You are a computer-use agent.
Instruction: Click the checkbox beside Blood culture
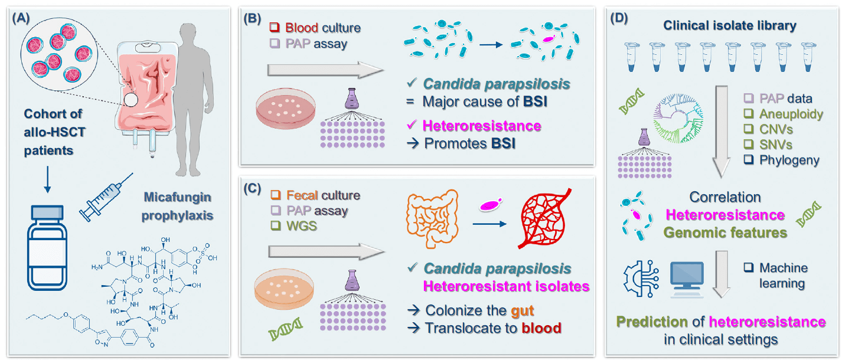(274, 28)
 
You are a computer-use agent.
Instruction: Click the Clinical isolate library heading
(730, 26)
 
